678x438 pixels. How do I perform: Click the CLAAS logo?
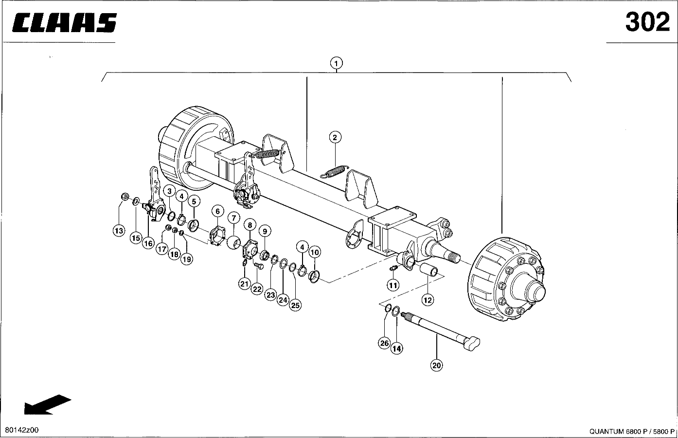tap(64, 22)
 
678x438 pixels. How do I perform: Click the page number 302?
tap(647, 22)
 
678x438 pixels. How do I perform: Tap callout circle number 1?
tap(336, 63)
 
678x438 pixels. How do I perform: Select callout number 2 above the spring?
tap(335, 138)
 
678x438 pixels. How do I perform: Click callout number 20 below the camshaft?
tap(436, 365)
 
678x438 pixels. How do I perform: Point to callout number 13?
tap(119, 231)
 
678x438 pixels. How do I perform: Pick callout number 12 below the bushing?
tap(428, 300)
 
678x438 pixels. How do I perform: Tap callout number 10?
tap(315, 252)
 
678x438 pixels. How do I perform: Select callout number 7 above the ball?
tap(233, 218)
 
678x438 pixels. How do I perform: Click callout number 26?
tap(384, 343)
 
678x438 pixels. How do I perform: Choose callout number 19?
tap(187, 259)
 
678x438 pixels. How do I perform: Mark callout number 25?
tap(295, 305)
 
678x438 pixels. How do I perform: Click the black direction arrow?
tap(48, 405)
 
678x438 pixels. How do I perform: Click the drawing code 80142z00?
tap(22, 430)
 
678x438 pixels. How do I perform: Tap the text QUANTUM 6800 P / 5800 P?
tap(632, 431)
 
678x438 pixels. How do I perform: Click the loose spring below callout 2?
tap(335, 171)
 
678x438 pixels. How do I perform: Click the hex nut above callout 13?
tap(124, 197)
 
